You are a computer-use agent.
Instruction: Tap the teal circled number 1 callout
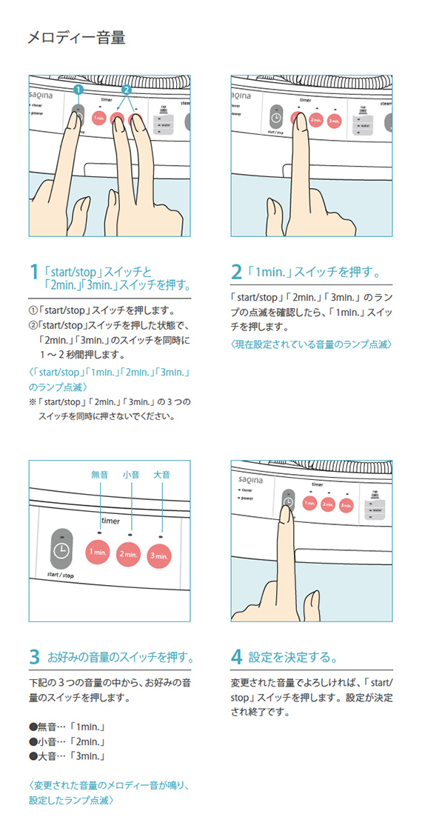[78, 90]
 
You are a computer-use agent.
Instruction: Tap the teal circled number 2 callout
[126, 90]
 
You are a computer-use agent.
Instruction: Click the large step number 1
[34, 273]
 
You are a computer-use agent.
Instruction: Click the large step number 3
[34, 657]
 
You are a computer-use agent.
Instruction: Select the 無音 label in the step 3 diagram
[99, 474]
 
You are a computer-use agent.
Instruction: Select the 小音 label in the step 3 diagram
[130, 474]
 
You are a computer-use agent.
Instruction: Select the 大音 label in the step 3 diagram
[161, 474]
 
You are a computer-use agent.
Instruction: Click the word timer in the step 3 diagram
[110, 521]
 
